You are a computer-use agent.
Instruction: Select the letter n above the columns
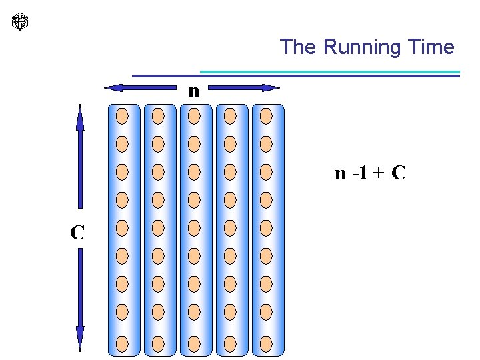point(193,91)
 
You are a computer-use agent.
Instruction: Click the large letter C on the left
point(77,232)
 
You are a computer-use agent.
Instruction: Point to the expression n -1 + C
point(370,174)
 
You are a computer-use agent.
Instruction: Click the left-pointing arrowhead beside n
point(114,87)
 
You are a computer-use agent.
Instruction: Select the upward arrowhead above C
point(80,117)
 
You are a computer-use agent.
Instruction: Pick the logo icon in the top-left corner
point(21,21)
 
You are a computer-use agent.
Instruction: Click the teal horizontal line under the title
point(330,71)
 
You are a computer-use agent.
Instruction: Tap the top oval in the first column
point(123,116)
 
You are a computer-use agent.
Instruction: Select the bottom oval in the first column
point(123,343)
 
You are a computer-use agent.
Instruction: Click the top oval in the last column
point(266,116)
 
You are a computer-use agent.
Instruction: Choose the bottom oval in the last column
point(266,343)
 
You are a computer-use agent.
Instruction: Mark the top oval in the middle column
point(194,116)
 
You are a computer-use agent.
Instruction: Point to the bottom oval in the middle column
point(194,343)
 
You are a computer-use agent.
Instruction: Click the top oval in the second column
point(158,116)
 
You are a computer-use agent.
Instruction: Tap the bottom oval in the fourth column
point(230,343)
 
